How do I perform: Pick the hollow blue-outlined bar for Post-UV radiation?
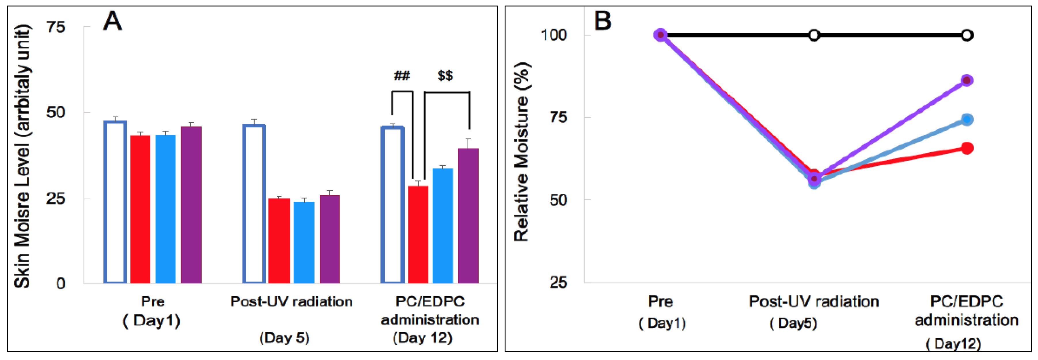(254, 204)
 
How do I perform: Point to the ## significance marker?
(402, 76)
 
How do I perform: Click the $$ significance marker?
(445, 76)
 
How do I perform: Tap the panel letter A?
(112, 21)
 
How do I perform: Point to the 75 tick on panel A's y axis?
(56, 27)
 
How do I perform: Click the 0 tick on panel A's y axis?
(60, 283)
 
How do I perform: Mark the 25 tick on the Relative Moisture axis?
(558, 282)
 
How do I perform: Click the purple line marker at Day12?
(967, 80)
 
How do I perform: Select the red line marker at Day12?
(967, 148)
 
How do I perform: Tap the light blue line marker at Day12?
(967, 119)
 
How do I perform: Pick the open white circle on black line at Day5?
(814, 35)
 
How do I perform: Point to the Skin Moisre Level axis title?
(22, 156)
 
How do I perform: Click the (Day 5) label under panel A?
(284, 338)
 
